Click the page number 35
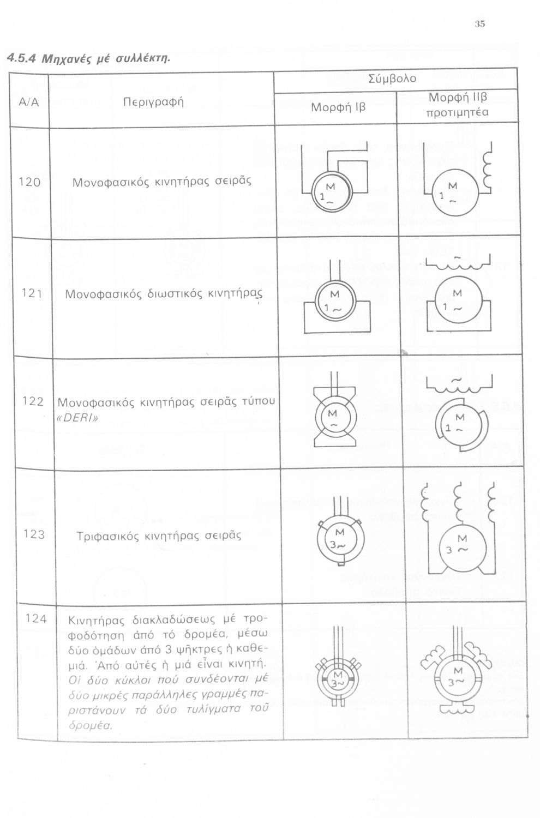click(479, 23)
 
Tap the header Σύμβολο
click(392, 79)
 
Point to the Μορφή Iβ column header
click(338, 107)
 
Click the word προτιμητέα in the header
click(457, 112)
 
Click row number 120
click(29, 182)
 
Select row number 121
click(32, 293)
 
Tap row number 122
click(33, 401)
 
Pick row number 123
click(34, 534)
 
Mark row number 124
click(36, 618)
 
